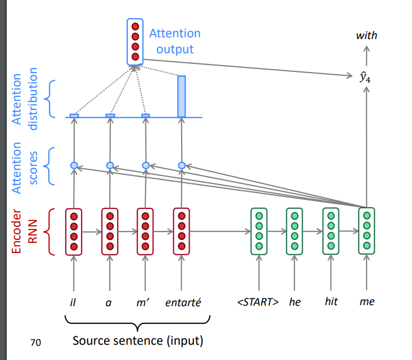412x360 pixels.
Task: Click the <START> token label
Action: click(x=258, y=302)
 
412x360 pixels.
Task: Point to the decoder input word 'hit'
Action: click(x=331, y=301)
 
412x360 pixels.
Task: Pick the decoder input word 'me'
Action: click(x=367, y=302)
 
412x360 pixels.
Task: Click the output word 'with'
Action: click(x=366, y=36)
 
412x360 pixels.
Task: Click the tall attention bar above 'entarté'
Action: click(x=182, y=96)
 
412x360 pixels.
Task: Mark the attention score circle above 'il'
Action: click(x=74, y=165)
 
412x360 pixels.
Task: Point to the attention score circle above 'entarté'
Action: click(x=182, y=165)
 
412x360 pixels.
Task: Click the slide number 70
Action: click(x=36, y=341)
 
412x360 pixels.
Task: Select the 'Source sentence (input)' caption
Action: click(x=138, y=341)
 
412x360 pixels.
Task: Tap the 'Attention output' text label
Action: click(x=175, y=41)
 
